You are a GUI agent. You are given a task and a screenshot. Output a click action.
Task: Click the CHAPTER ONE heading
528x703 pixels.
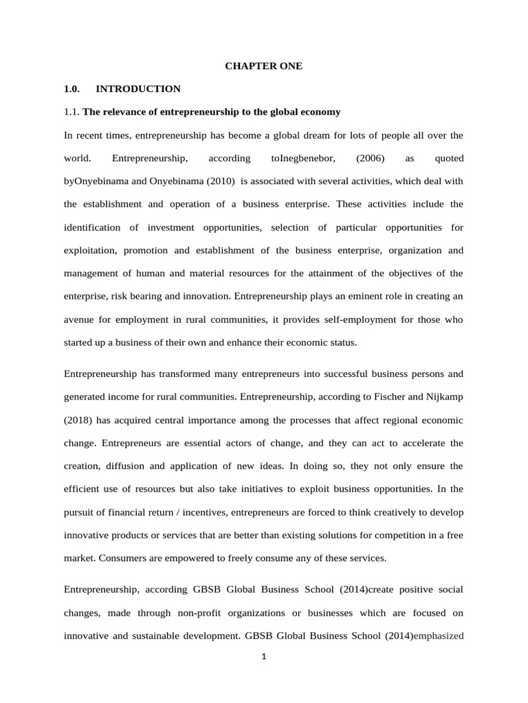coord(264,66)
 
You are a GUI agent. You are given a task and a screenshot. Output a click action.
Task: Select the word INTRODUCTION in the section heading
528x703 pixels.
coord(138,89)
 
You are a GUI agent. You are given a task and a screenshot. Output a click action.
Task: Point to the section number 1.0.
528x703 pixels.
coord(71,89)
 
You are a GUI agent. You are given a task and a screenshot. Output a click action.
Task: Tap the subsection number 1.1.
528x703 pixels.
coord(71,111)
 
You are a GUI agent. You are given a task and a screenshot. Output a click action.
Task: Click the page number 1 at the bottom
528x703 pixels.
coord(263,657)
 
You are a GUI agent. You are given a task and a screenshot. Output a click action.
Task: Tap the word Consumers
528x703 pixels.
coord(120,558)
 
